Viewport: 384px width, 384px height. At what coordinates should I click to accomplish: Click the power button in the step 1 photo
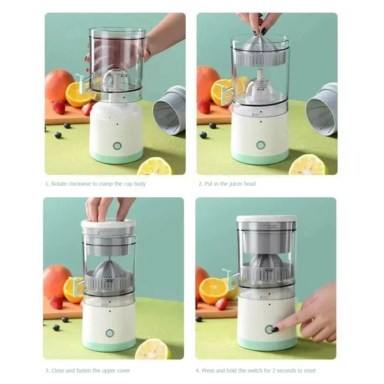coord(117,146)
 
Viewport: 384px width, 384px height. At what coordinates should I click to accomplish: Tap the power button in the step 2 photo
coord(261,145)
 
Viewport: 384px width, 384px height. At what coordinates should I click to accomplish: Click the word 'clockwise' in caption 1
coord(80,184)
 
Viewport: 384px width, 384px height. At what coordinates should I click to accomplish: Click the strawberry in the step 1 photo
coord(59,107)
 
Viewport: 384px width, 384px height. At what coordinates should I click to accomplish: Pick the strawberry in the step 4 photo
coord(221,304)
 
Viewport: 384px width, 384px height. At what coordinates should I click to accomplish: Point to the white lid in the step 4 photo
coord(266,219)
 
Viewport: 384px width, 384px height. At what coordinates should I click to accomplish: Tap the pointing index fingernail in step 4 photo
coord(275,330)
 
